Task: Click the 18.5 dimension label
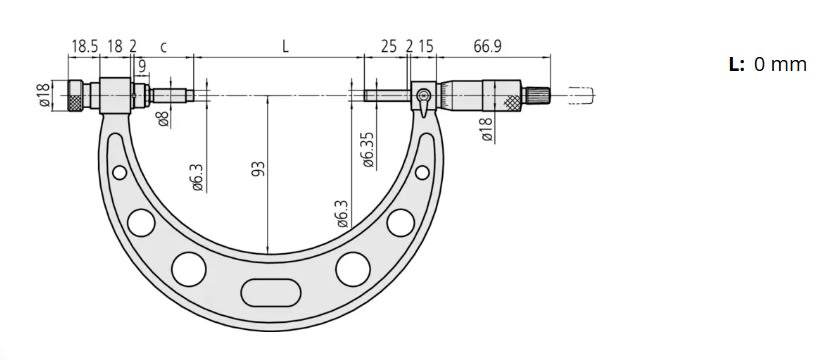pos(83,47)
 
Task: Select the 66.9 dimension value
pos(488,47)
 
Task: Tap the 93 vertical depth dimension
pos(257,172)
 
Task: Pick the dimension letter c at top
pos(163,47)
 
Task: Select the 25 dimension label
pos(388,47)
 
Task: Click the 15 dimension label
pos(426,47)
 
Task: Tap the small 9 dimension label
pos(143,66)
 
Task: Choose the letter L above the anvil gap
pos(286,46)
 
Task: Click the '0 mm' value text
pos(779,64)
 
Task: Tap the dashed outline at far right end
pos(581,97)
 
